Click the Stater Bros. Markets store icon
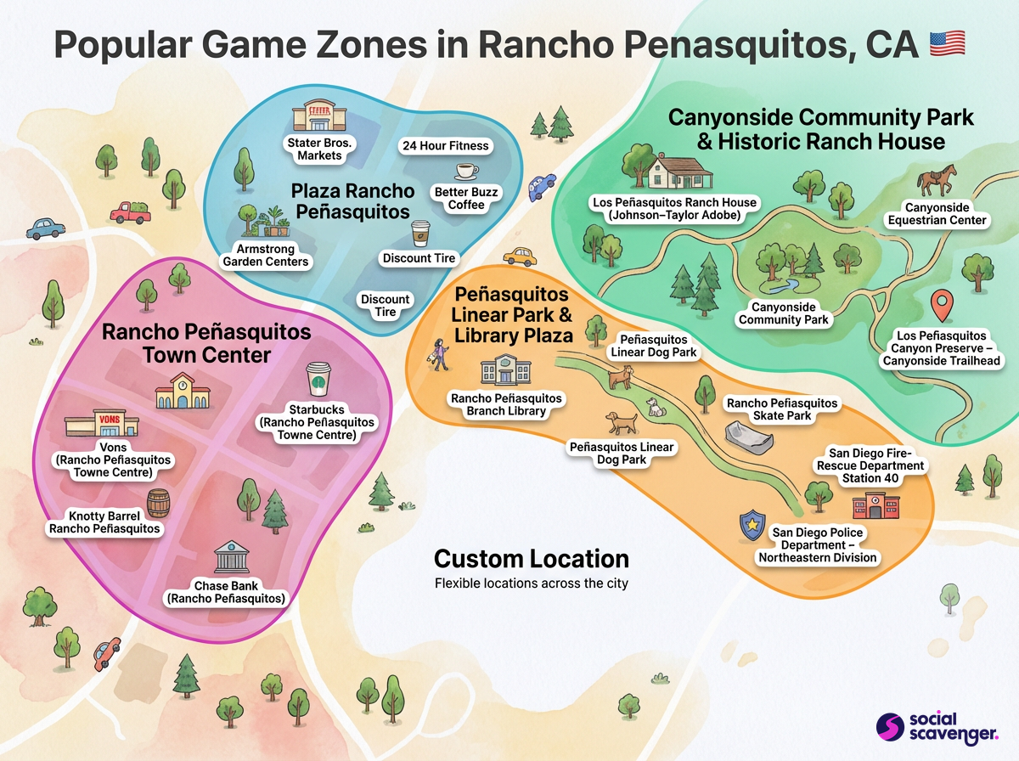pyautogui.click(x=311, y=117)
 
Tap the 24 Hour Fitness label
pyautogui.click(x=444, y=146)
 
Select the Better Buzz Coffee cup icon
pyautogui.click(x=466, y=171)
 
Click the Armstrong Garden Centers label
pyautogui.click(x=266, y=256)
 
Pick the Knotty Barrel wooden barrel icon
pyautogui.click(x=158, y=503)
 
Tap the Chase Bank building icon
pyautogui.click(x=226, y=560)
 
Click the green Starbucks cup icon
pyautogui.click(x=318, y=379)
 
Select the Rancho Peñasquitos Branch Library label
pyautogui.click(x=507, y=404)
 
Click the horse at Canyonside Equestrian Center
pyautogui.click(x=936, y=179)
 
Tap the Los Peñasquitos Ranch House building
pyautogui.click(x=676, y=172)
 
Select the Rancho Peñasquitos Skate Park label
pyautogui.click(x=782, y=409)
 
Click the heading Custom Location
pyautogui.click(x=532, y=559)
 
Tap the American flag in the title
pyautogui.click(x=948, y=43)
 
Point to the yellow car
pyautogui.click(x=519, y=256)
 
